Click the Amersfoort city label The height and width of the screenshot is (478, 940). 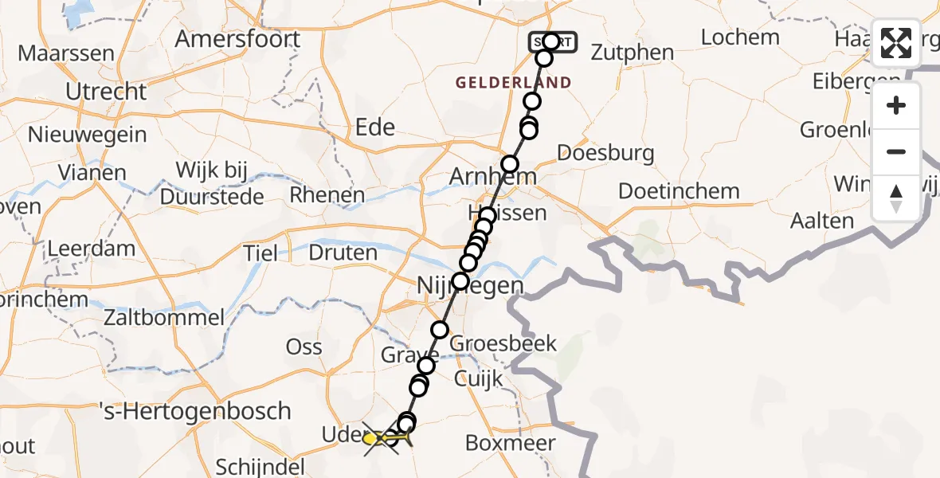tap(237, 38)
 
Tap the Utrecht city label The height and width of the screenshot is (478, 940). tap(106, 92)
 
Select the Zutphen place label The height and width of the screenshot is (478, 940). tap(633, 53)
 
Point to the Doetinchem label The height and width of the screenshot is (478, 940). tap(679, 191)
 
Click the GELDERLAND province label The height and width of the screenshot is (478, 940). tap(514, 82)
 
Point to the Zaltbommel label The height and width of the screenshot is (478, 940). tap(164, 318)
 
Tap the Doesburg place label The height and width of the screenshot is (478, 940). tap(606, 153)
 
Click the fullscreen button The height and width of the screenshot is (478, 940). tap(896, 43)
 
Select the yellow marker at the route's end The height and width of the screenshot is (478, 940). tap(371, 438)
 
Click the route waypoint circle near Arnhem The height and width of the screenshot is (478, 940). tap(509, 165)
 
